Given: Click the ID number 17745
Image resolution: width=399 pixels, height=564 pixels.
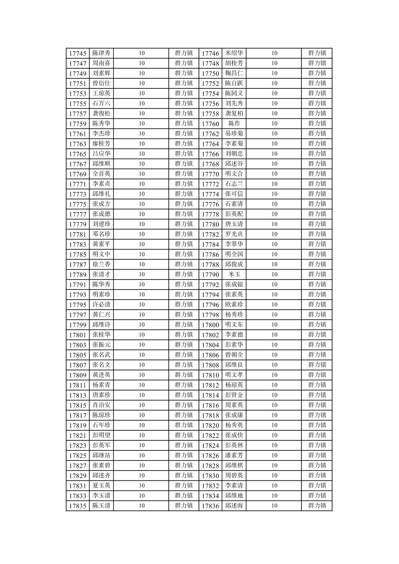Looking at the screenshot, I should pyautogui.click(x=78, y=53).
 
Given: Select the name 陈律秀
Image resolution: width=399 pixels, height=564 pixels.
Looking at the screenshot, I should pyautogui.click(x=101, y=53).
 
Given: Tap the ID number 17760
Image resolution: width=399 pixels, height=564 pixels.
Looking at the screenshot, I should pyautogui.click(x=210, y=124).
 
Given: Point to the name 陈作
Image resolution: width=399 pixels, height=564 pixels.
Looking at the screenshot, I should pyautogui.click(x=234, y=123).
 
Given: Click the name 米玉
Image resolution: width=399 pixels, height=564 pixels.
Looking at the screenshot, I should pyautogui.click(x=234, y=274).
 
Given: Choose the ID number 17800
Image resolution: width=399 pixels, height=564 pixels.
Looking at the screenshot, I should pyautogui.click(x=210, y=325).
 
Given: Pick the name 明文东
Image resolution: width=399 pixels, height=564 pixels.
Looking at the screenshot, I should pyautogui.click(x=234, y=325).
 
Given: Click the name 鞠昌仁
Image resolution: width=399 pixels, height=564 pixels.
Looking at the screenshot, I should pyautogui.click(x=234, y=73).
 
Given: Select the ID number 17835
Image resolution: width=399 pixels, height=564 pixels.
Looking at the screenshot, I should pyautogui.click(x=78, y=506).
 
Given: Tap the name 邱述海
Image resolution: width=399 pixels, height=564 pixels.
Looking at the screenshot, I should pyautogui.click(x=234, y=505).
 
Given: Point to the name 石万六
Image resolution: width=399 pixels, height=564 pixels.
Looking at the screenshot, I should pyautogui.click(x=101, y=103).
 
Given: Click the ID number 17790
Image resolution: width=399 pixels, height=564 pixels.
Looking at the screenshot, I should pyautogui.click(x=210, y=274).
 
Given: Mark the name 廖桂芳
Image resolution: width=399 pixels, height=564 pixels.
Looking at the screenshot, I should pyautogui.click(x=101, y=143).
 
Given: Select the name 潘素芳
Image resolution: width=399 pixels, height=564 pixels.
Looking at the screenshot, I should pyautogui.click(x=234, y=455).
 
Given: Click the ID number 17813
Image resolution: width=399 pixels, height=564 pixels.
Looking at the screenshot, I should pyautogui.click(x=78, y=395).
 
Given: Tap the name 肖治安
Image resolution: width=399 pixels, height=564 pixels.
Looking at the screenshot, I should pyautogui.click(x=101, y=405).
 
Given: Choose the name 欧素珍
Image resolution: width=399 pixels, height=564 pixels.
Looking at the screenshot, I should pyautogui.click(x=234, y=304).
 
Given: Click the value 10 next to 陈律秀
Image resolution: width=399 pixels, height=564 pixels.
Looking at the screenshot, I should pyautogui.click(x=142, y=53).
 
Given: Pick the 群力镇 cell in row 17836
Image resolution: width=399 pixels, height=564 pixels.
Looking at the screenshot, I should pyautogui.click(x=317, y=505).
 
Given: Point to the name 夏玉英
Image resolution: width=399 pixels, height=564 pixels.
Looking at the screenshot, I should pyautogui.click(x=101, y=485).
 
